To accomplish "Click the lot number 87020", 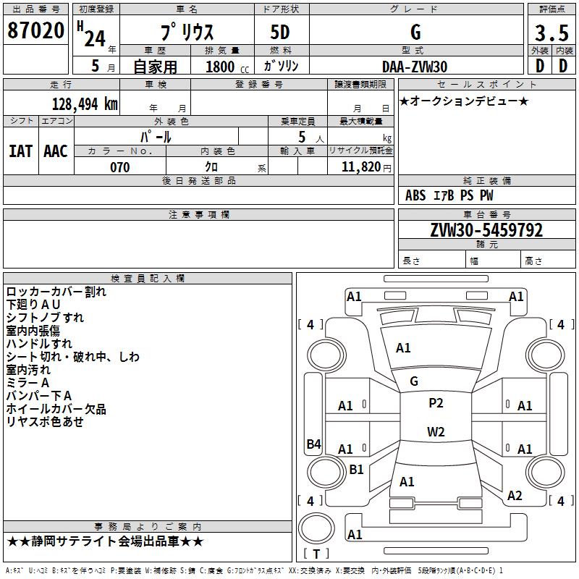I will pos(35,31).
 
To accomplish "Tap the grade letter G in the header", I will pos(415,32).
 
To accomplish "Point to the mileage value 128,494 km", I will pos(85,103).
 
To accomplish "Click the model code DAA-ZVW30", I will pos(415,66).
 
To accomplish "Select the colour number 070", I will pos(119,167).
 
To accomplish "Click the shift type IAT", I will pos(20,151).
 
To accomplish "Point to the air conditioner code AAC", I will pos(56,151).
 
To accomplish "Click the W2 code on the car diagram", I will pos(436,432).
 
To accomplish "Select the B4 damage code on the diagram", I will pos(313,444).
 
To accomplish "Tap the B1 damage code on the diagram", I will pos(356,470).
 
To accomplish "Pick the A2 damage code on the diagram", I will pos(515,496).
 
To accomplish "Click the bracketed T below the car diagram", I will pos(316,554).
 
